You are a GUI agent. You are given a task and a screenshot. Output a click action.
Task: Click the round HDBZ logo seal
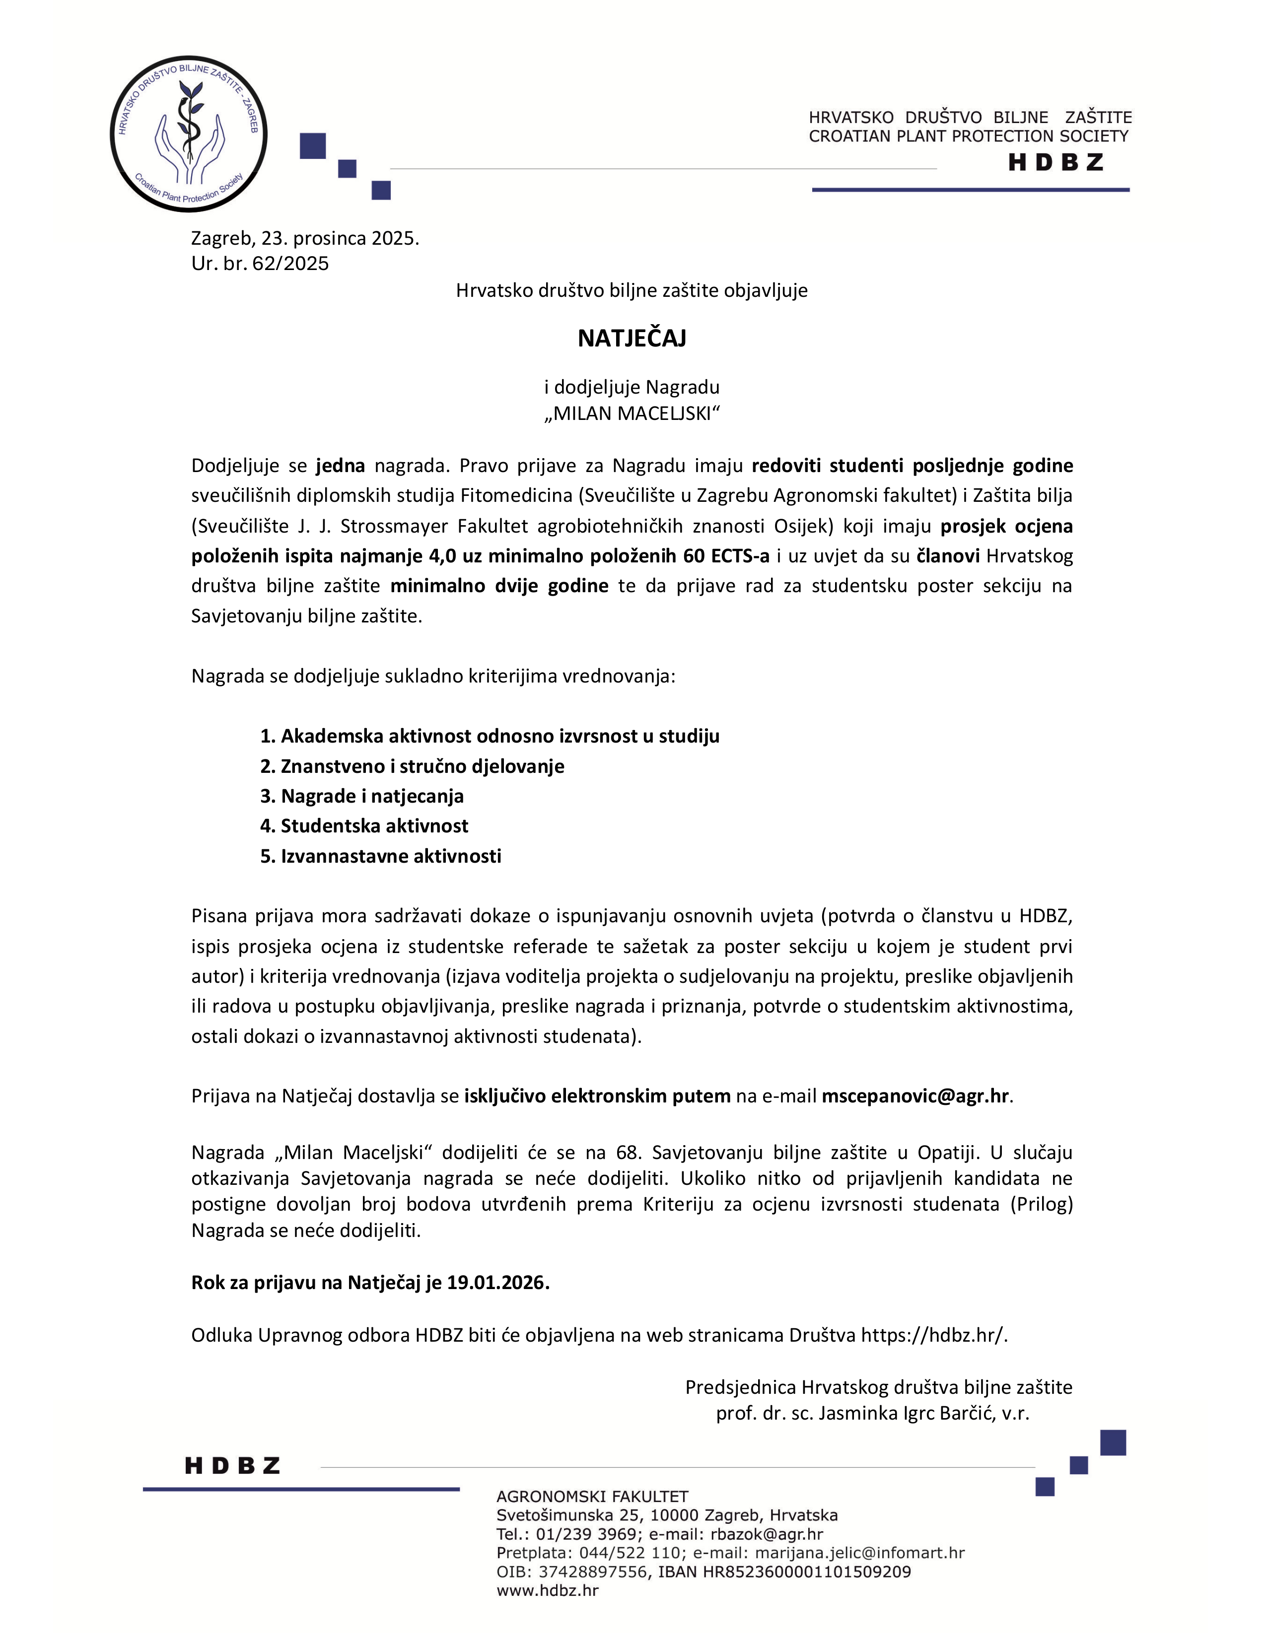(x=188, y=134)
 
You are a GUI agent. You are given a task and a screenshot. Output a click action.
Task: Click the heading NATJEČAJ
(x=632, y=338)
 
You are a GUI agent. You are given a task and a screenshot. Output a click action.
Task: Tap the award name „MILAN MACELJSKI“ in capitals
(x=632, y=413)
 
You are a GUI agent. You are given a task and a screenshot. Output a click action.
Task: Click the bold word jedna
(x=340, y=466)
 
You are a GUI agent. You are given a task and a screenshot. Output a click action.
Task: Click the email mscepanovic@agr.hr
(x=915, y=1096)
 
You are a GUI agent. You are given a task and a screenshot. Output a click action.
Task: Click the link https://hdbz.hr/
(x=933, y=1335)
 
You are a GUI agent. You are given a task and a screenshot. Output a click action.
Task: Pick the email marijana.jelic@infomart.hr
(x=859, y=1553)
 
